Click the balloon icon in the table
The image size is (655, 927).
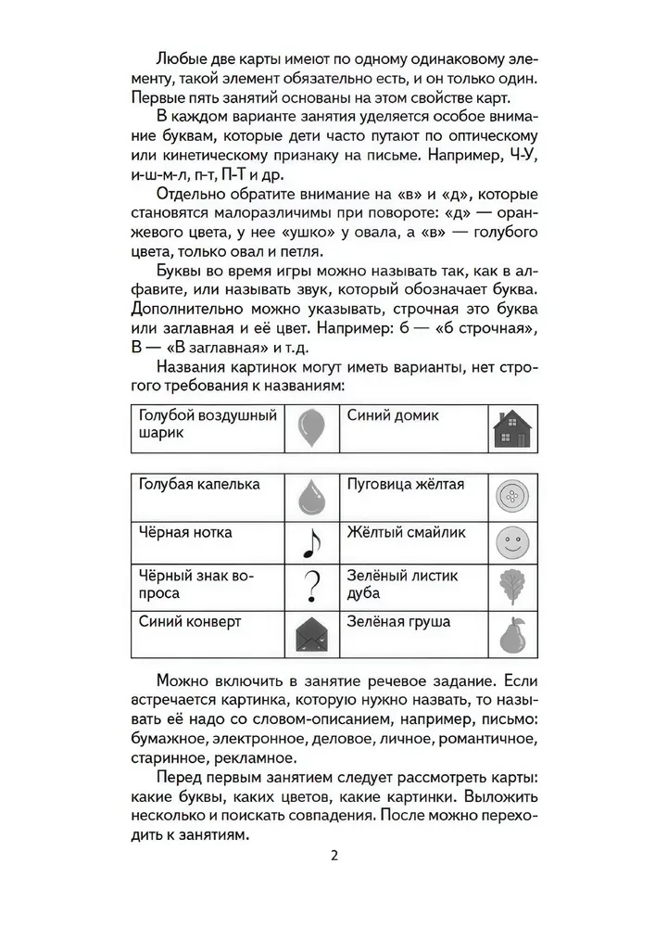[x=311, y=427]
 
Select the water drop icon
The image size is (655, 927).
[x=311, y=498]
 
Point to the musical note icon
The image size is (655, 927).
[x=312, y=543]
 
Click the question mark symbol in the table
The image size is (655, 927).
[x=312, y=587]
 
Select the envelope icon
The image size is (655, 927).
[x=311, y=634]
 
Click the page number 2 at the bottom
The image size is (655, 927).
[x=334, y=855]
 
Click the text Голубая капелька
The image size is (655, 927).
[x=198, y=484]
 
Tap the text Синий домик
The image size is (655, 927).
[x=393, y=415]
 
